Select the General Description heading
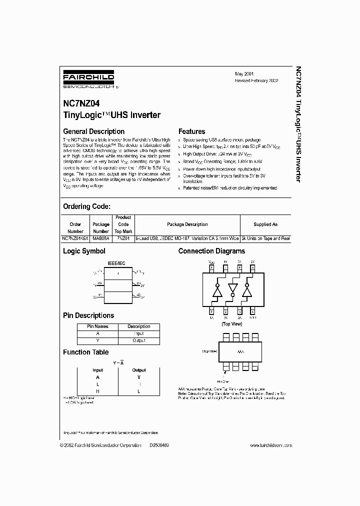(93, 131)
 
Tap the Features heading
(191, 131)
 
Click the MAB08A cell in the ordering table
(101, 238)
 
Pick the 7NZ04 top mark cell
(123, 238)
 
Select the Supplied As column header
(265, 224)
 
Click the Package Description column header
(187, 224)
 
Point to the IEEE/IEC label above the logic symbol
(116, 262)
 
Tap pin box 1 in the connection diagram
(212, 311)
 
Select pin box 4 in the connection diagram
(253, 311)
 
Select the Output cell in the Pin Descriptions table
(139, 340)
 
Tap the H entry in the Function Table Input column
(97, 391)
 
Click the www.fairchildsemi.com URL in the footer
(270, 445)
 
